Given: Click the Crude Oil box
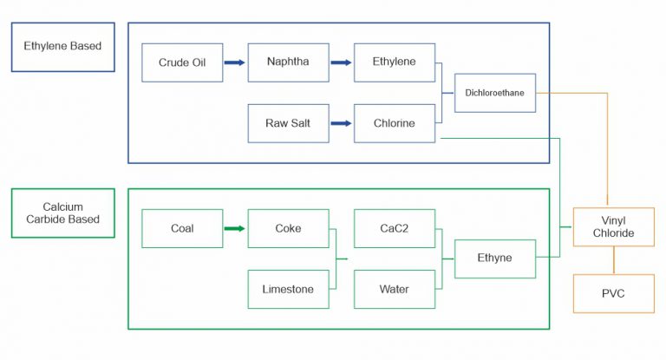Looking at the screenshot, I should (x=182, y=62).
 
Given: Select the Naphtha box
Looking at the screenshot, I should (x=288, y=62).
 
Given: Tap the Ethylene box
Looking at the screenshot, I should (x=394, y=62).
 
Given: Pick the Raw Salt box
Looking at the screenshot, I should (x=288, y=123).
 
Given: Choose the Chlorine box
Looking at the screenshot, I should (x=394, y=123).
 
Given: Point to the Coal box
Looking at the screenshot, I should (x=182, y=229).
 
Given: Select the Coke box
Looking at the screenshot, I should (x=288, y=229).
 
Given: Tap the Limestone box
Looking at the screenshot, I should (x=288, y=289).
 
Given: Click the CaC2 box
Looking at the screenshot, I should (x=394, y=229).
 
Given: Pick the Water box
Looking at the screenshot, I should (x=394, y=289).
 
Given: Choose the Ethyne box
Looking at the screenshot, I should (x=495, y=258).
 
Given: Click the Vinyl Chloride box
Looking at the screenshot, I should (x=614, y=227).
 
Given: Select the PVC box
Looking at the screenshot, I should (x=614, y=293).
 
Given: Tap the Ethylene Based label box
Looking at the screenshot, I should (x=62, y=47).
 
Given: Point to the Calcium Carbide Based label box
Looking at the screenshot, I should (x=62, y=213).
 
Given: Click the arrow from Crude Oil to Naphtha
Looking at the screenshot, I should (x=235, y=62).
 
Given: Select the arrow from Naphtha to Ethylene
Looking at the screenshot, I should (x=341, y=62).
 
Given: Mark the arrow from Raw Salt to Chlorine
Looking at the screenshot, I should (x=341, y=123).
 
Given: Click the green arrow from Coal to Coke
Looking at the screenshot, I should (x=235, y=229).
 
